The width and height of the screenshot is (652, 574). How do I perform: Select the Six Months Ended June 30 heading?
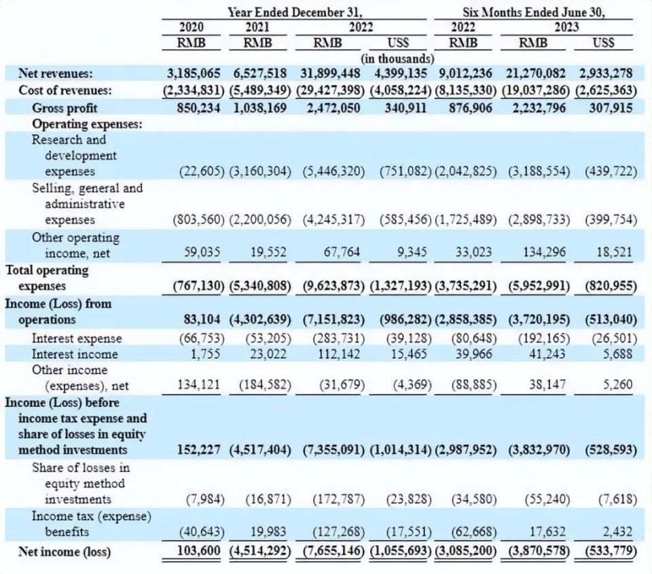coord(534,12)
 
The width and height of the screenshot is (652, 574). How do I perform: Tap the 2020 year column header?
coord(192,27)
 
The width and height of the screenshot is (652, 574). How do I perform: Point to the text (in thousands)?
coord(397,58)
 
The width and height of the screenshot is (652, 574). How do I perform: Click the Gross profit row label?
coord(65,107)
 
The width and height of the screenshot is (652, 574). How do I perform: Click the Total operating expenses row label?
coord(48,278)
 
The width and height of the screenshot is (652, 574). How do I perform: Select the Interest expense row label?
coord(77,338)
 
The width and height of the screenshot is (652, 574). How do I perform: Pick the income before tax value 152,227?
coord(196,450)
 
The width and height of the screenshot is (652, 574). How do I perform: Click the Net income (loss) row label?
coord(65,551)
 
